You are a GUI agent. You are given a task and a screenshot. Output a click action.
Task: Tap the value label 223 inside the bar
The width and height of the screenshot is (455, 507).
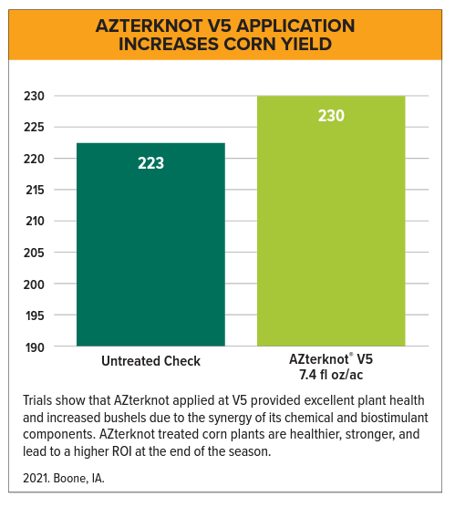click(x=150, y=163)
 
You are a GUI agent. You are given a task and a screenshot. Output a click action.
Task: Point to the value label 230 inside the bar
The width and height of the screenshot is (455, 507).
click(x=331, y=116)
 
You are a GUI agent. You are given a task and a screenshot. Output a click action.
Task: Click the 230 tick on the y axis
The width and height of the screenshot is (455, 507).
click(x=33, y=96)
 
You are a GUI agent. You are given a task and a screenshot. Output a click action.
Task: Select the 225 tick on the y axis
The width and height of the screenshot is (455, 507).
click(x=33, y=127)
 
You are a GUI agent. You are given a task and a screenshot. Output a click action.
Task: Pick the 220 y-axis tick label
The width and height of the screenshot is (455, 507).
click(x=33, y=159)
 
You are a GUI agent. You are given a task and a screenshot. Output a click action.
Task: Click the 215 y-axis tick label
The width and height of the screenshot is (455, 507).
click(x=33, y=190)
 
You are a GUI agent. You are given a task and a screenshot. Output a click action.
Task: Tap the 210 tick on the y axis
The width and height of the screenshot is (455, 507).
click(x=33, y=222)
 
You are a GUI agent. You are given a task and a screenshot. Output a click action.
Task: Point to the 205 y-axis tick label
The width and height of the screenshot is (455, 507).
click(x=33, y=253)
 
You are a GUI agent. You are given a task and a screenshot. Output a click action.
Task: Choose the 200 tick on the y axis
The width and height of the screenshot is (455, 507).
click(x=33, y=285)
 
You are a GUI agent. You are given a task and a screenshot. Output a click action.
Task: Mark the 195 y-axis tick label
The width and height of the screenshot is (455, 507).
click(x=33, y=316)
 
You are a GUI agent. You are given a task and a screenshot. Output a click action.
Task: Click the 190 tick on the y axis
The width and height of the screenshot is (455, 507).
click(x=33, y=347)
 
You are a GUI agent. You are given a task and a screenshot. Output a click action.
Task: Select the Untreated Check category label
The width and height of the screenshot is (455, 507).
click(x=150, y=361)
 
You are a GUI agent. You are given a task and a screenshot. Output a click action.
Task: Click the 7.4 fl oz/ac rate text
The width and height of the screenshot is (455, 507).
click(x=331, y=375)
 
